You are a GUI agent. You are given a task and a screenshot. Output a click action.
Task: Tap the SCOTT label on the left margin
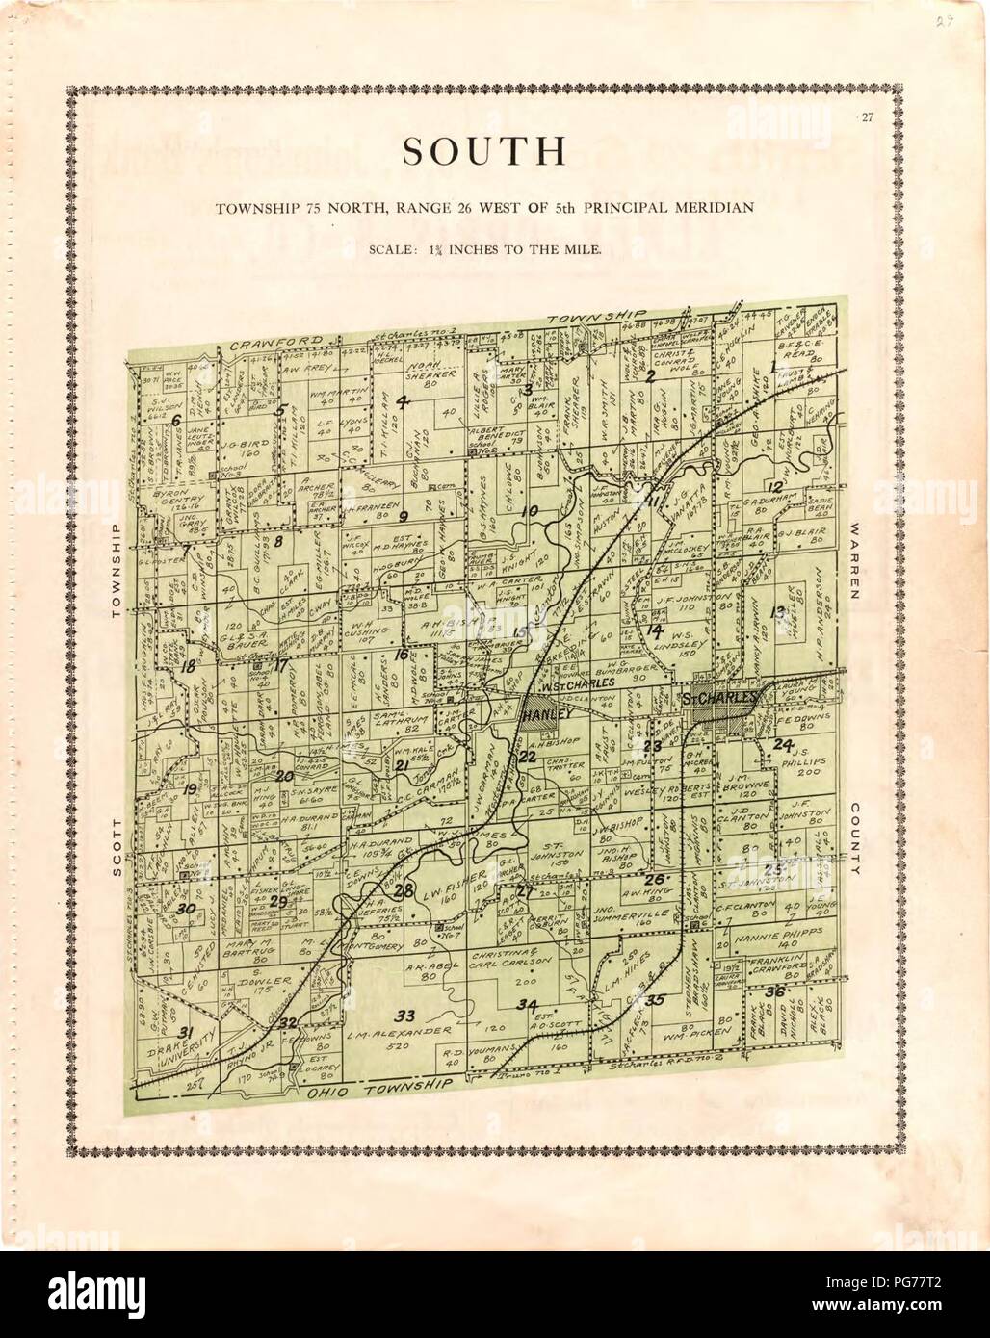(x=116, y=847)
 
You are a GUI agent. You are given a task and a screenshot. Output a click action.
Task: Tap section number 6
(x=176, y=420)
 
